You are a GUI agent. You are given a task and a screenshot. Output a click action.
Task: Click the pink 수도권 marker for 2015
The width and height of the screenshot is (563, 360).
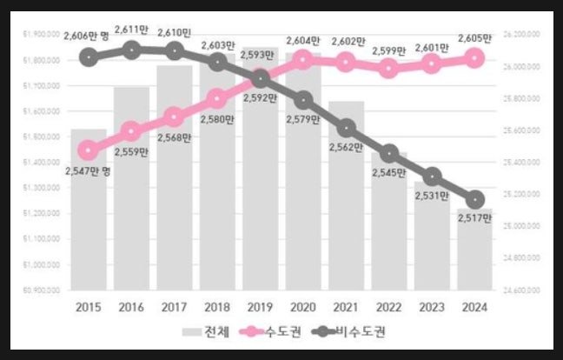[x=89, y=150]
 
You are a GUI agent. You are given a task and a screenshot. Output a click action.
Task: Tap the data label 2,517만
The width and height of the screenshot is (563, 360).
[x=474, y=217]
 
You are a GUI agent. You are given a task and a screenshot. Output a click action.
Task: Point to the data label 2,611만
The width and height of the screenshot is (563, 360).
[x=131, y=30]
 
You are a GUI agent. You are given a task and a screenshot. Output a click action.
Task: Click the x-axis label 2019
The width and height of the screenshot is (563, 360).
[x=259, y=307]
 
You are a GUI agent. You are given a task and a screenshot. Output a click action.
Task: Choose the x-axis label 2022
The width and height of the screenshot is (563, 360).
[x=388, y=307]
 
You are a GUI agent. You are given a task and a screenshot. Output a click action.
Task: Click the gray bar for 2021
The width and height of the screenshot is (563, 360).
[x=345, y=200]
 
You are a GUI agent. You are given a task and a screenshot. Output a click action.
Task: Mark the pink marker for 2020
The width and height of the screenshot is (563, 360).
[x=302, y=59]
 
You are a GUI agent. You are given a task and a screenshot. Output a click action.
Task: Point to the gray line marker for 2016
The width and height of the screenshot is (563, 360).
[x=131, y=50]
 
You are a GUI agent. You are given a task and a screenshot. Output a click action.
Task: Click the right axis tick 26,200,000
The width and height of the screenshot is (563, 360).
[x=522, y=34]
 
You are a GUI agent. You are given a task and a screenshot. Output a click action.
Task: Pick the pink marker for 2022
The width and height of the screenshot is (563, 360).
[x=388, y=68]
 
